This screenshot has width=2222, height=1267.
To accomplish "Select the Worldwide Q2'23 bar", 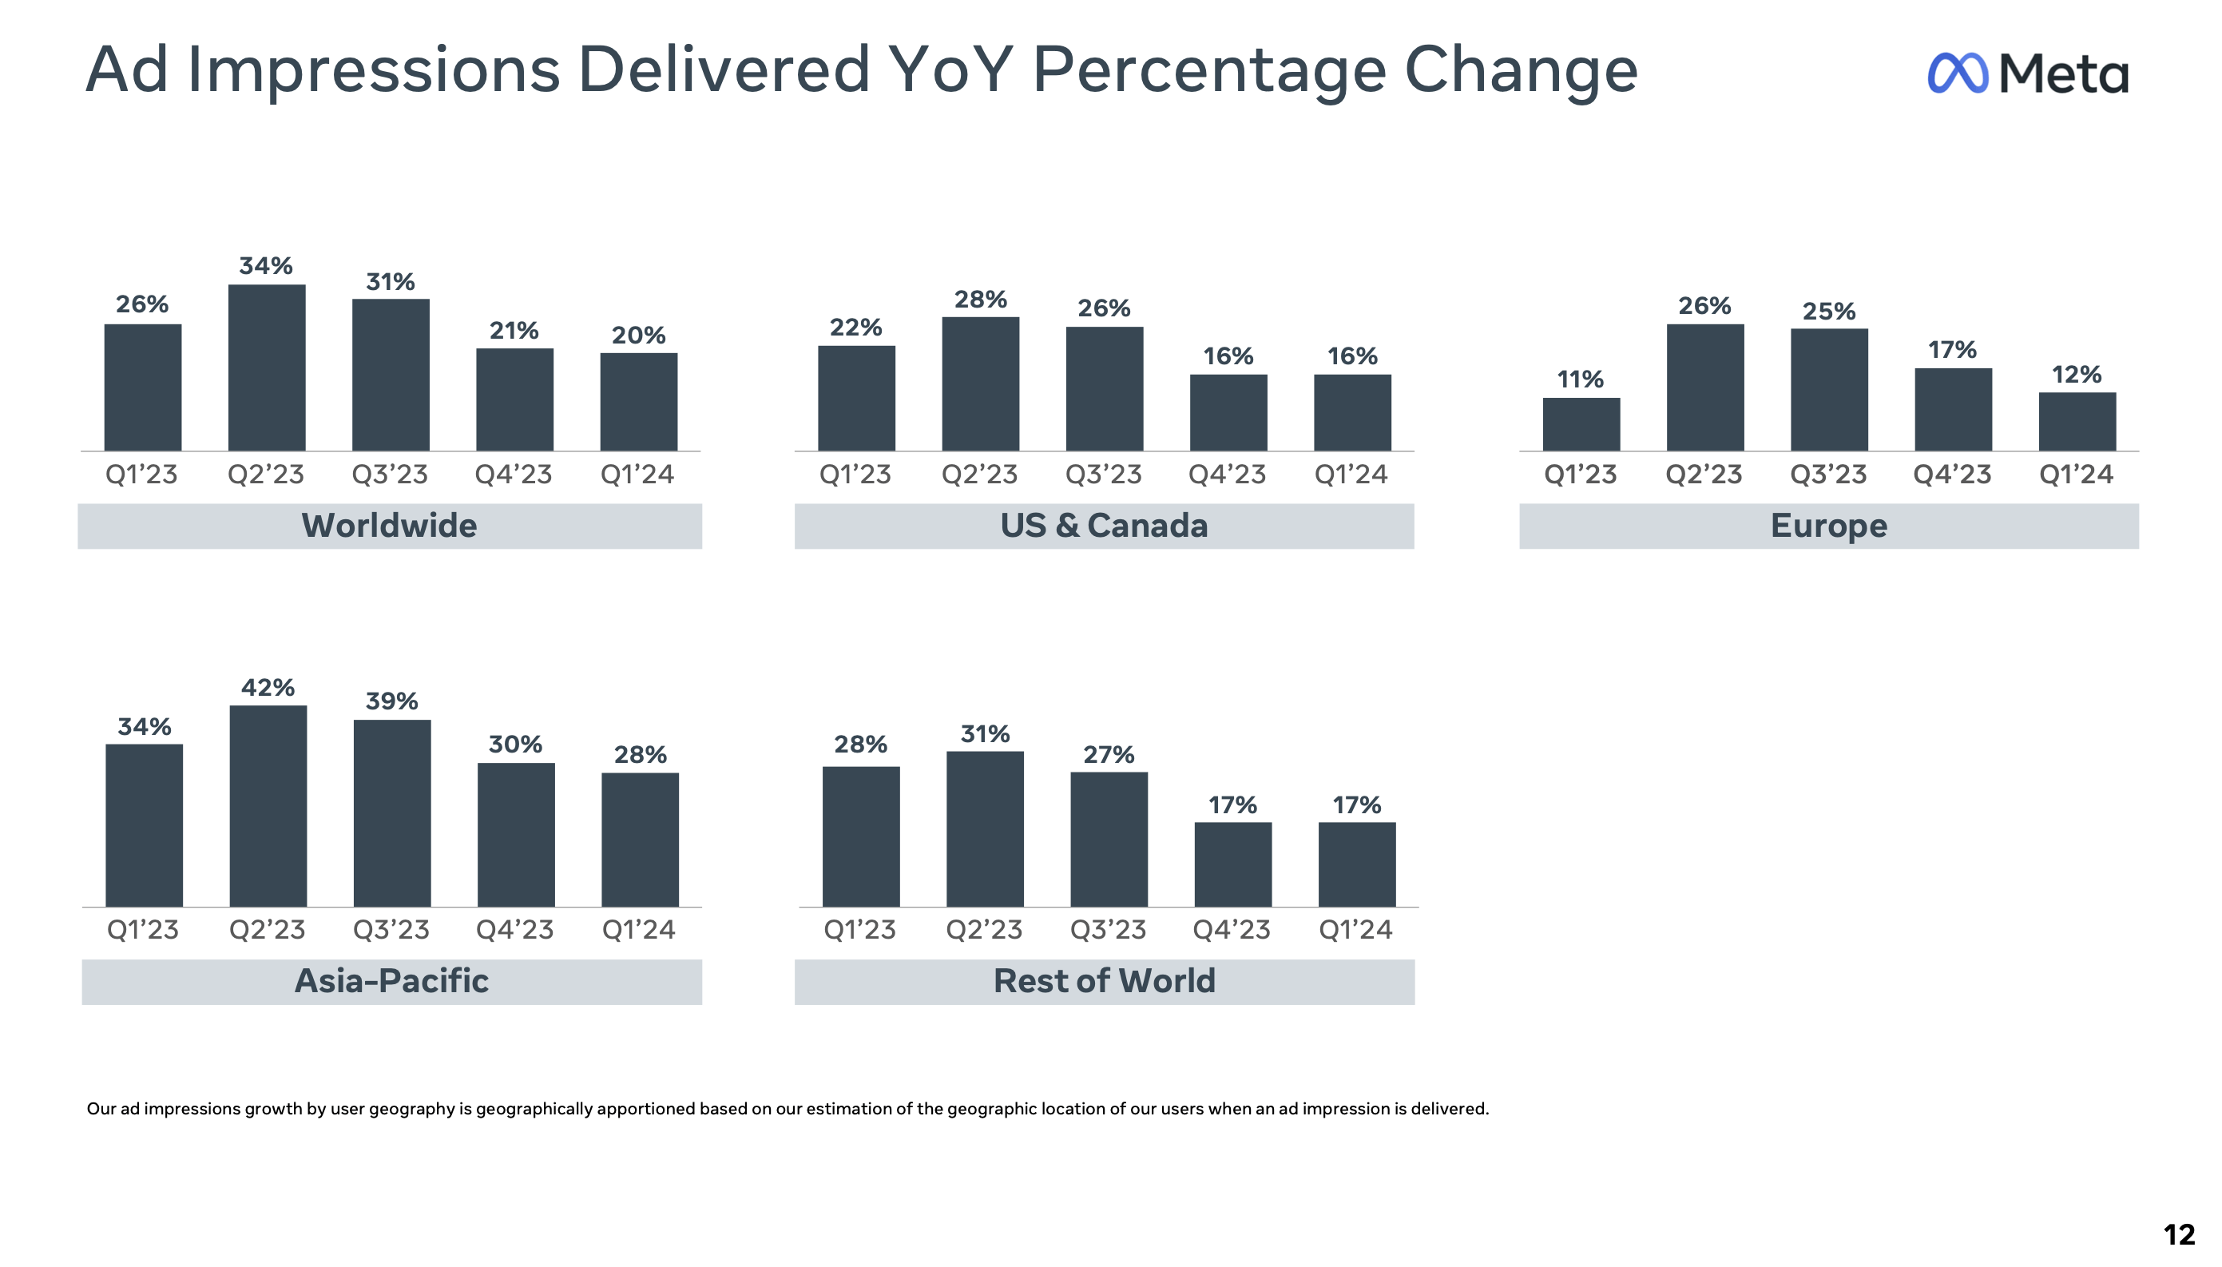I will point(266,367).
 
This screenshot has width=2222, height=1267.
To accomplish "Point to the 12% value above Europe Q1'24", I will point(2076,375).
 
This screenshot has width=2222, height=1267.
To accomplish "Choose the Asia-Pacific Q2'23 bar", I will point(268,806).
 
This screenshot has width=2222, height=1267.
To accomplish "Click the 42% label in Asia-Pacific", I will point(268,688).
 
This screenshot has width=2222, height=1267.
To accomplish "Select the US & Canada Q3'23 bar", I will point(1104,388).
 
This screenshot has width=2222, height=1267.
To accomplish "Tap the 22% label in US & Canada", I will point(855,328).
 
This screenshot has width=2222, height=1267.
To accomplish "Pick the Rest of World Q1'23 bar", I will point(860,836).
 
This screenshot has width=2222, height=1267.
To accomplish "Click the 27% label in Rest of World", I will point(1109,754).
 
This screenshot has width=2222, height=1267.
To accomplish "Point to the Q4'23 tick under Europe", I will point(1951,475).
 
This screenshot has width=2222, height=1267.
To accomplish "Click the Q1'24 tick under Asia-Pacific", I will point(639,929).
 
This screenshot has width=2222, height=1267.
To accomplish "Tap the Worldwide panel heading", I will point(389,526).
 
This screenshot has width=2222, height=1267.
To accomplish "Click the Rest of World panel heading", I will point(1104,981).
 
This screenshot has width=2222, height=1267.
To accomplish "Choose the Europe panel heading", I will point(1828,526).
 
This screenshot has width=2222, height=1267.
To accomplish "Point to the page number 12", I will point(2179,1234).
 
